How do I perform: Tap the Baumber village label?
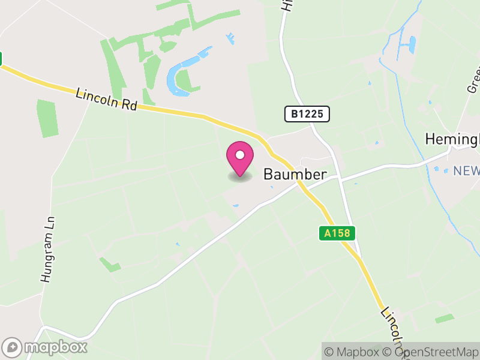295,175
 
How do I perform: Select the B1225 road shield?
307,115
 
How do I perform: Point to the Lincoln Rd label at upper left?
107,100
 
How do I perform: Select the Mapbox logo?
46,347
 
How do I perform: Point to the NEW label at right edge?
466,171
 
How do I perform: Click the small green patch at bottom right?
445,319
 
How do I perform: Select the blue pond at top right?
410,45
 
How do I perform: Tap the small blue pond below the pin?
235,206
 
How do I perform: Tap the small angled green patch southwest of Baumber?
110,264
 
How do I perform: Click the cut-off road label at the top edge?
288,6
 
